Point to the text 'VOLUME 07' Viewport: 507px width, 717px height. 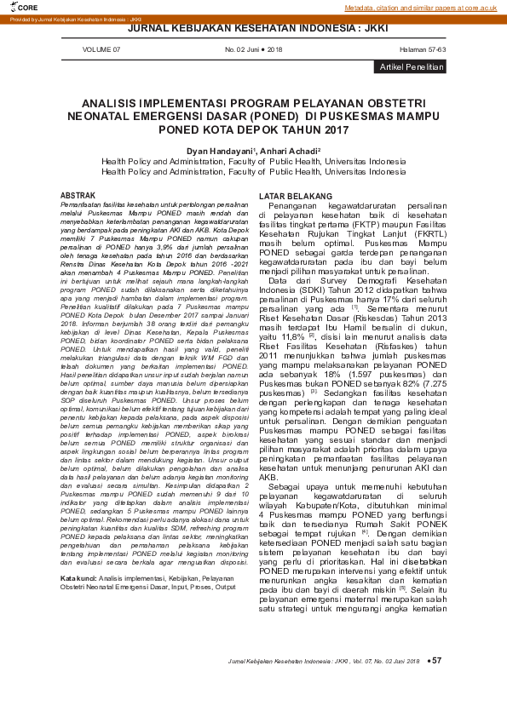[x=101, y=50]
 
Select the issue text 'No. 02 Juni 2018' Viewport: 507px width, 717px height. [x=253, y=50]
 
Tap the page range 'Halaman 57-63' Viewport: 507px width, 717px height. [x=423, y=50]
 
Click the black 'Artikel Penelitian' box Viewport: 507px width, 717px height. [x=411, y=66]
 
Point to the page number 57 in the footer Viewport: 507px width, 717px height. [x=438, y=660]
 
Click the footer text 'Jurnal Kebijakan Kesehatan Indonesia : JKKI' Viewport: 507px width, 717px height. [x=289, y=661]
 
